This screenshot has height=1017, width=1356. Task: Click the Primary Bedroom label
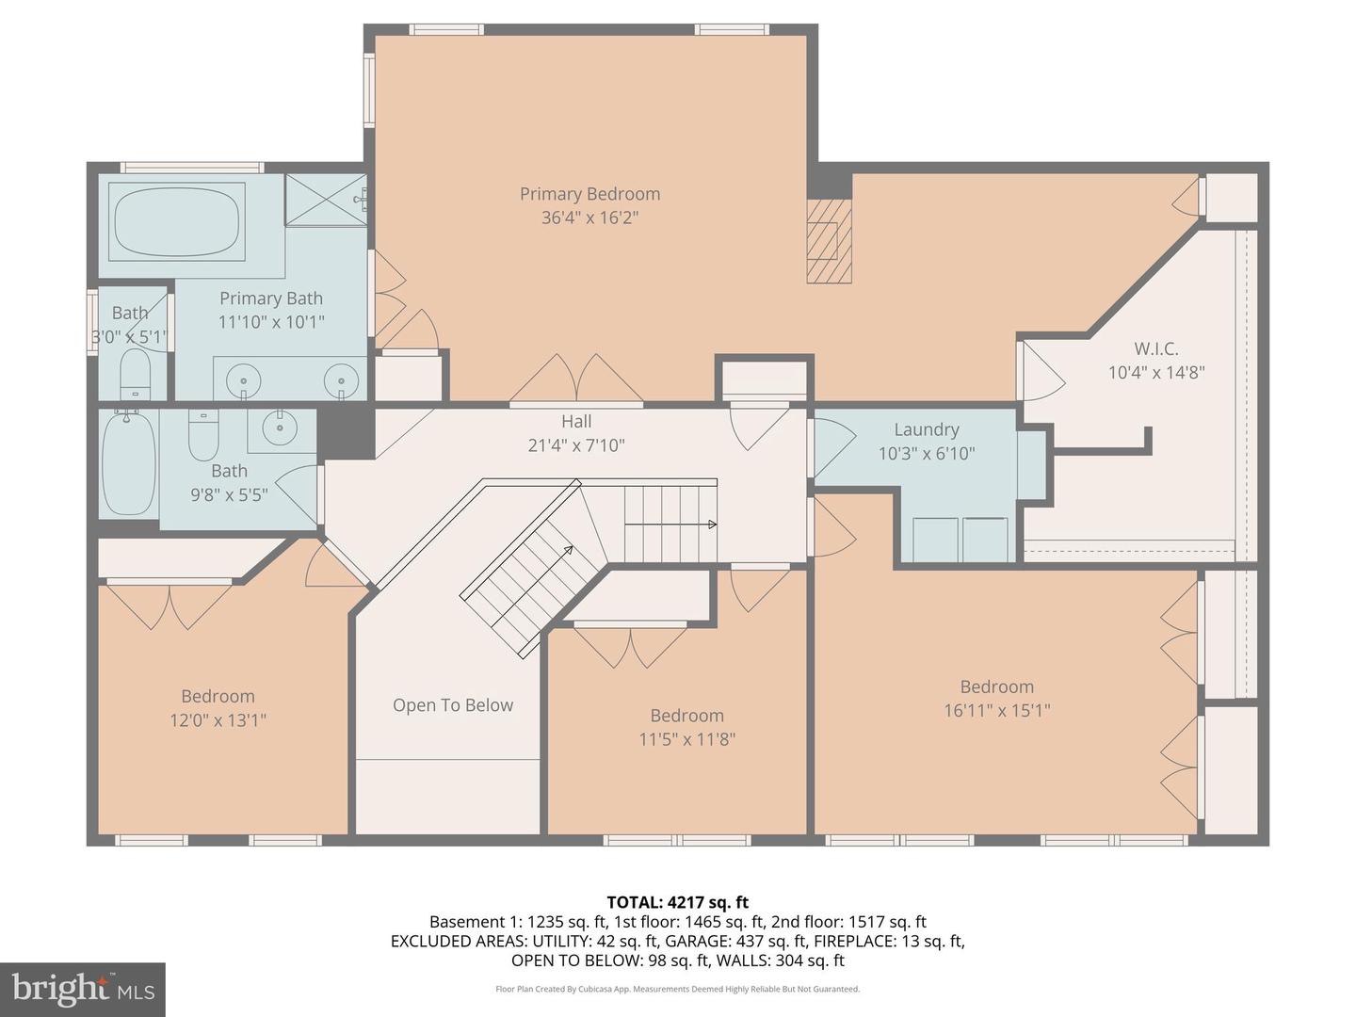pos(589,194)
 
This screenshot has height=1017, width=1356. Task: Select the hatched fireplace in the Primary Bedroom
pos(829,240)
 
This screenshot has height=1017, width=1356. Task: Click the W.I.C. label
pos(1155,348)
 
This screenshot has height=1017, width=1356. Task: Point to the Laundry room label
pos(926,429)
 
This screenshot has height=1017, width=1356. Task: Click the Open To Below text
pos(453,705)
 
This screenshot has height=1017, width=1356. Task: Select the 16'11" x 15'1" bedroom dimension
pos(996,711)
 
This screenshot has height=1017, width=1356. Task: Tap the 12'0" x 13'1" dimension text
pos(218,720)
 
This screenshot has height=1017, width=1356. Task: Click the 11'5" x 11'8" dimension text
pos(686,739)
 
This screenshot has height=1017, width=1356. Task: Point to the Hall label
pos(576,422)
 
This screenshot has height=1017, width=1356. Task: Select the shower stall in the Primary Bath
pos(325,200)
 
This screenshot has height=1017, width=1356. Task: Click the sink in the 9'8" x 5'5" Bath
pos(280,429)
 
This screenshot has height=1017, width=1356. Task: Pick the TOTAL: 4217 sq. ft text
pos(677,902)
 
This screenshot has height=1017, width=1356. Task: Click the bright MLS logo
pos(83,989)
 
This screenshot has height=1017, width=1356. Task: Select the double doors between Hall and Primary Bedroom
pos(576,381)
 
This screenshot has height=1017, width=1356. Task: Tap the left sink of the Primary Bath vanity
pos(244,381)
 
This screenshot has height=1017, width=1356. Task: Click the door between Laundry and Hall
pos(831,447)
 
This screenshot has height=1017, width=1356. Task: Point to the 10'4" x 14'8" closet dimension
pos(1155,373)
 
